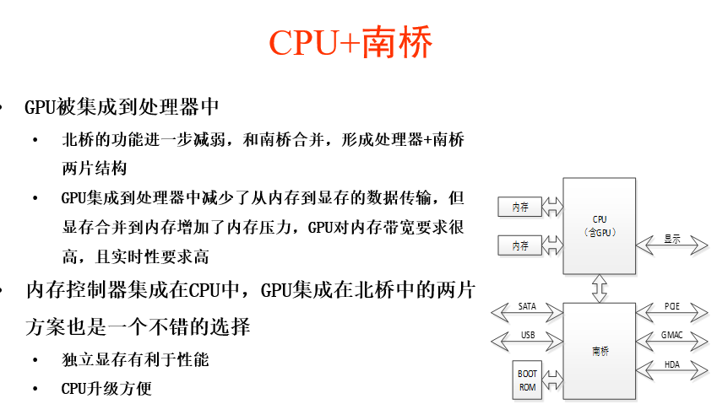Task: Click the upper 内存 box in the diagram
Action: (x=519, y=207)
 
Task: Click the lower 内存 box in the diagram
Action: (x=519, y=245)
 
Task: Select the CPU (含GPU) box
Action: (x=600, y=225)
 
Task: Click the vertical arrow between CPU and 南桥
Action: (x=600, y=288)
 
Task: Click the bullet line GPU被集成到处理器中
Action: (x=122, y=107)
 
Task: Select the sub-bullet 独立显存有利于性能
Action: (x=135, y=360)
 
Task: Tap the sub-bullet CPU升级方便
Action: (x=106, y=389)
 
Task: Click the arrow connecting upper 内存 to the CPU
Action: (x=552, y=207)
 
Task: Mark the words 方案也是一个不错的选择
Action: (x=149, y=325)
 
